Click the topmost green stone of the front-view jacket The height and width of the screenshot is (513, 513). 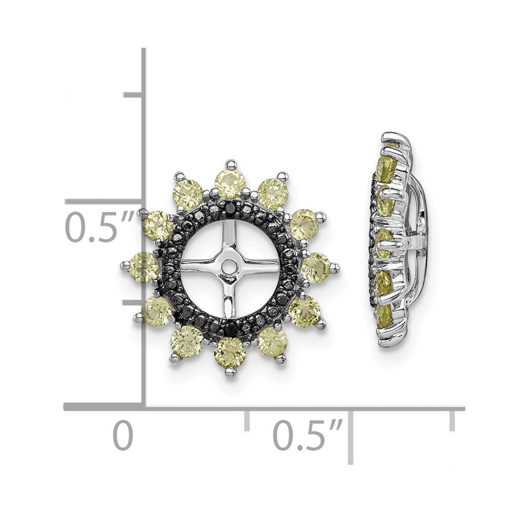click(229, 184)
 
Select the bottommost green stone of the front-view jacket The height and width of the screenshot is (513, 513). click(229, 349)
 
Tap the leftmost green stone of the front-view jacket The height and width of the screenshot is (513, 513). click(144, 267)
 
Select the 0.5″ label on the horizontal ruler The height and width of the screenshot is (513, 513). click(307, 436)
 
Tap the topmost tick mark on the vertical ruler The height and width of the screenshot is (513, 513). click(133, 94)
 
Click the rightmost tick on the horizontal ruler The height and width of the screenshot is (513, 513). click(452, 420)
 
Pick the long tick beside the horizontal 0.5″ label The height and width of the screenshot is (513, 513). click(350, 436)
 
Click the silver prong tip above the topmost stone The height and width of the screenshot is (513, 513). click(229, 164)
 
